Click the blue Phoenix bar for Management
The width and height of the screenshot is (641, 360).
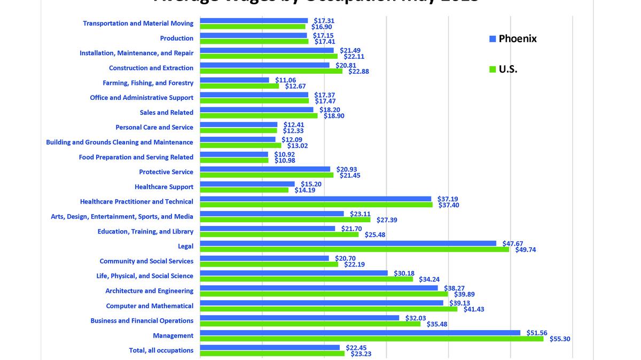tap(360, 333)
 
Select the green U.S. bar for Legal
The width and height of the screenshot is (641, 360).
tap(355, 249)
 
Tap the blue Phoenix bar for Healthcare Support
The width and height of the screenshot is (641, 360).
tap(247, 184)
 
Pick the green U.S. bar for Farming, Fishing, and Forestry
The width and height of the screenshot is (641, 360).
tap(239, 86)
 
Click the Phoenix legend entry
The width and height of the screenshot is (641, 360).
tap(512, 38)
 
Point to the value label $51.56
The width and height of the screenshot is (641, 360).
tap(537, 333)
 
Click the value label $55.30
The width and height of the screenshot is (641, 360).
tap(560, 339)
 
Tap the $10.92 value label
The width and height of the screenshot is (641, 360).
tap(285, 154)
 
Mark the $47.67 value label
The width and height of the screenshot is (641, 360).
tap(513, 243)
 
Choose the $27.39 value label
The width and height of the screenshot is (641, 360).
tap(387, 220)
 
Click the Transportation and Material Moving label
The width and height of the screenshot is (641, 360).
tap(138, 24)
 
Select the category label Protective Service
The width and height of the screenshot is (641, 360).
tap(166, 172)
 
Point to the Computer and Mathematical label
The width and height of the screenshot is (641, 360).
tap(150, 306)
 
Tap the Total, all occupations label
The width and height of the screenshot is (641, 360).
tap(161, 350)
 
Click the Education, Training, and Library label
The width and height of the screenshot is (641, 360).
tap(145, 231)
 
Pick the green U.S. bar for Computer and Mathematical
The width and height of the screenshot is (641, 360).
tap(329, 309)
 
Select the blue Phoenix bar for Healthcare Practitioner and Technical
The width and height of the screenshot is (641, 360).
tap(316, 199)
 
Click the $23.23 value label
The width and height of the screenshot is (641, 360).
tap(361, 354)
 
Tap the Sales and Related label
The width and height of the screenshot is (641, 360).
tap(167, 113)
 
